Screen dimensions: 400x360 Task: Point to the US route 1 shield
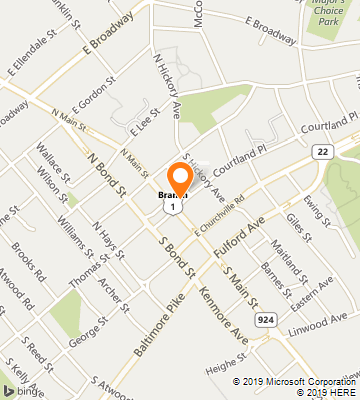175,204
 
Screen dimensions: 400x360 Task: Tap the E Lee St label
143,124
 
